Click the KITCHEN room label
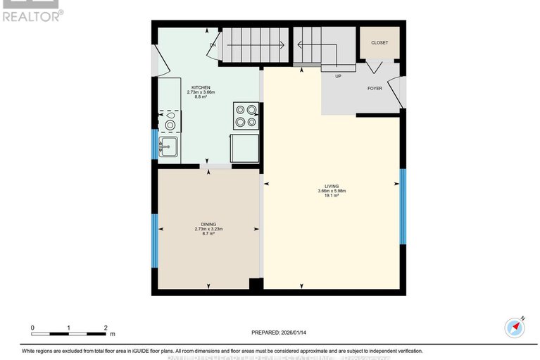click(x=200, y=87)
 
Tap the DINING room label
click(x=208, y=223)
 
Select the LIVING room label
click(x=332, y=186)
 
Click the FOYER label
click(x=375, y=89)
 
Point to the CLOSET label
click(x=379, y=42)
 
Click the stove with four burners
click(x=246, y=116)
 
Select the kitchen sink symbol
click(x=168, y=147)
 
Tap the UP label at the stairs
click(x=338, y=75)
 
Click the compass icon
click(x=515, y=328)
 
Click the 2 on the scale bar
click(x=105, y=328)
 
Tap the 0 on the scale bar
click(x=32, y=328)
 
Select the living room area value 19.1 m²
click(x=332, y=196)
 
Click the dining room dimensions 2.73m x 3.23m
click(x=208, y=228)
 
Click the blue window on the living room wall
click(x=403, y=206)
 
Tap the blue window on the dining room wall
click(x=154, y=241)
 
